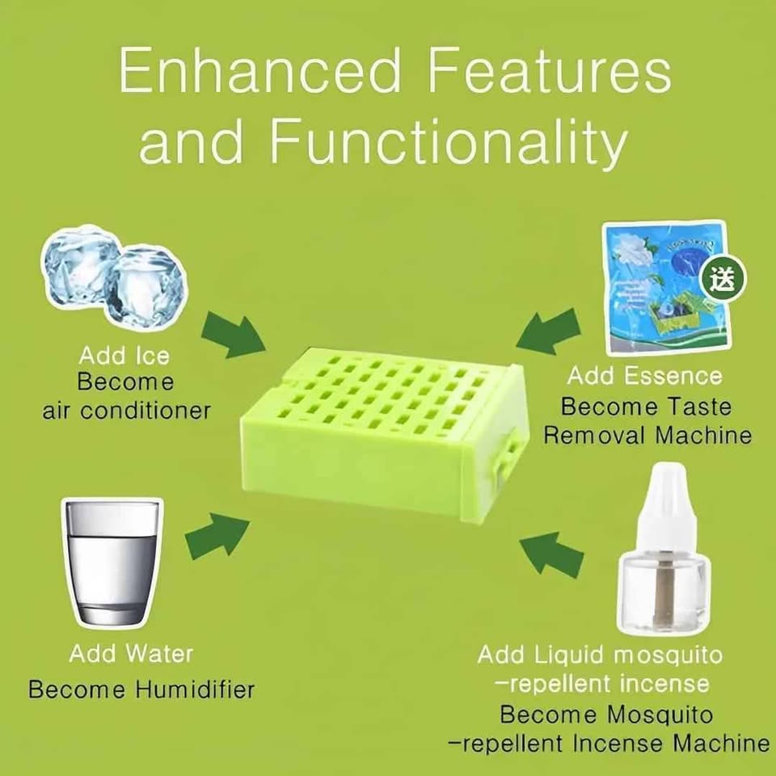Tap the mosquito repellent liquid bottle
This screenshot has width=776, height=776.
(663, 558)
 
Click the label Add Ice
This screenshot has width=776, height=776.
(124, 356)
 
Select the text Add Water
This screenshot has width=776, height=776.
(131, 653)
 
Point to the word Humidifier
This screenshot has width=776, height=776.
(195, 690)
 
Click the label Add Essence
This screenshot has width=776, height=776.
(643, 375)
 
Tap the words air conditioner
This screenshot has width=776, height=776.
(126, 409)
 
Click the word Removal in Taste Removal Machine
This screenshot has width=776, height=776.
(595, 435)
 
